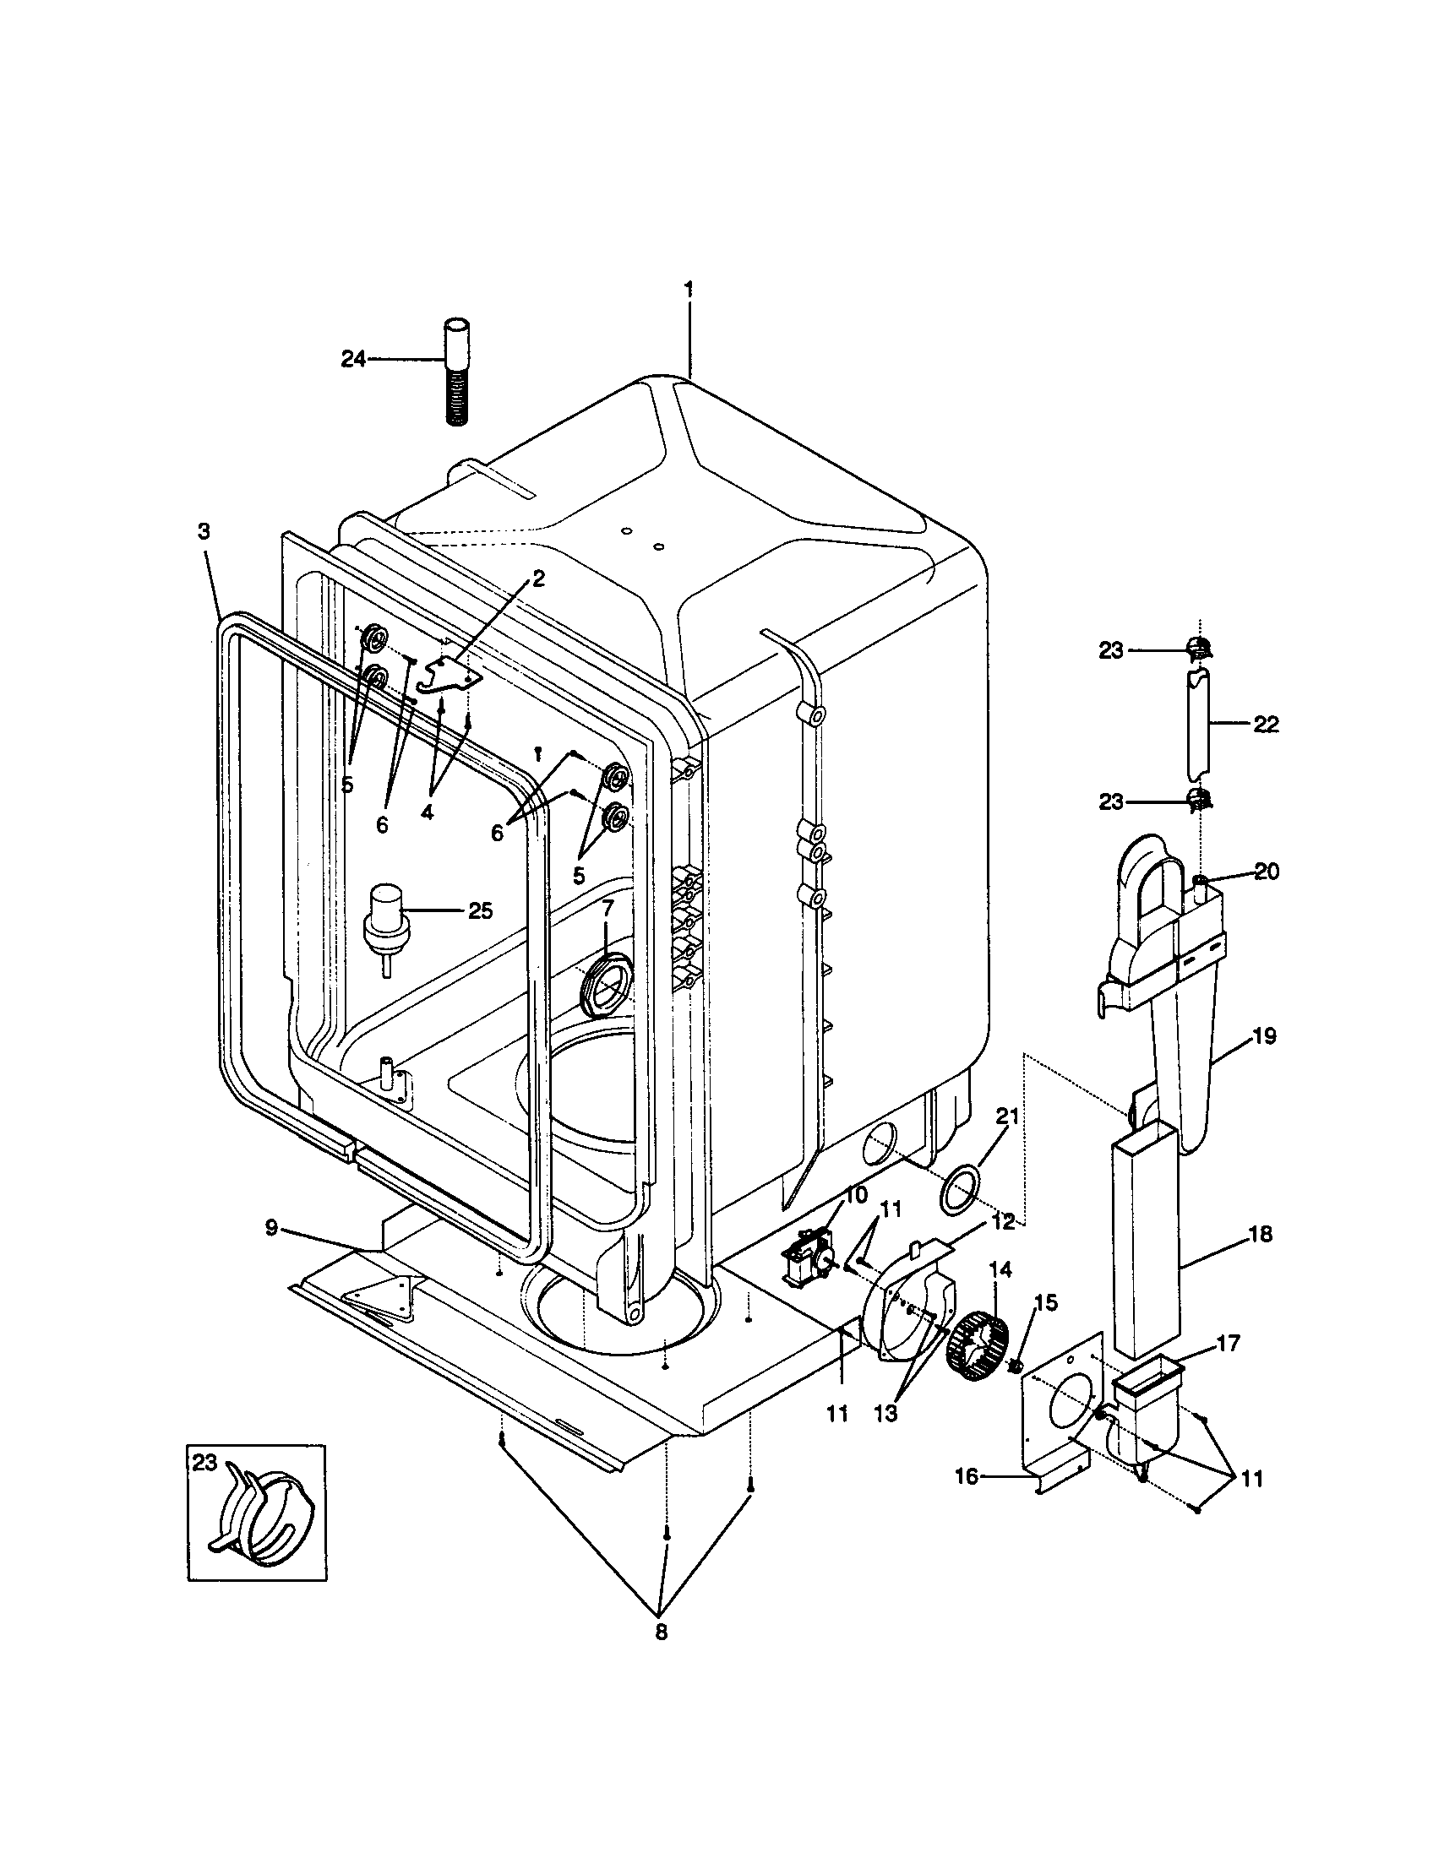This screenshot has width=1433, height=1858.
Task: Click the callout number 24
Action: point(353,360)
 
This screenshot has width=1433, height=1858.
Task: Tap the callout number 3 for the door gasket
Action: point(204,532)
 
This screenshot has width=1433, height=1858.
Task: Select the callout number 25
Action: point(480,911)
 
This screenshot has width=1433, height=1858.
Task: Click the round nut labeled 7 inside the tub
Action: point(604,986)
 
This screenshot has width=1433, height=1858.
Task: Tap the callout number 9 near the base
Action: point(271,1229)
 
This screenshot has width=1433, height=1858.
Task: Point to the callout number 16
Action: point(966,1477)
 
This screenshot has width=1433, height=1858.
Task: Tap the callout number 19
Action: point(1265,1036)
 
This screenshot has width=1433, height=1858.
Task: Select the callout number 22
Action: point(1267,725)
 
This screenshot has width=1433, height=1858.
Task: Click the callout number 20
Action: point(1267,872)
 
